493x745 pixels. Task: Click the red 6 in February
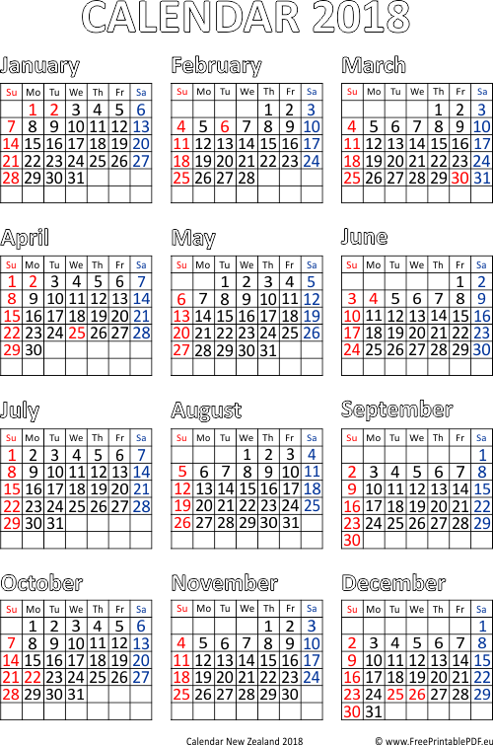pos(225,127)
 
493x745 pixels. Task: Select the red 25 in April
pos(77,334)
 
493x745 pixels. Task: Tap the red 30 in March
pos(459,179)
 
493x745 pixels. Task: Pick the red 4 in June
pos(374,299)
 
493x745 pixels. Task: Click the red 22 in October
pos(33,677)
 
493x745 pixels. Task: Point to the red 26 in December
pos(416,694)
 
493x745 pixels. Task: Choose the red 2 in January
pos(54,110)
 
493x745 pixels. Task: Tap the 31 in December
pos(374,711)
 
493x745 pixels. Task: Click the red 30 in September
pos(351,540)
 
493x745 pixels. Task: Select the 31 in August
pos(290,523)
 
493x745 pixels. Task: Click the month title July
pos(20,411)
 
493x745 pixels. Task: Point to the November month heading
pos(224,583)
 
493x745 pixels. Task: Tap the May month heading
pos(193,238)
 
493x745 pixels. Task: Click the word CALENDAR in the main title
pos(191,17)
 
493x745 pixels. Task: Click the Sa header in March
pos(481,92)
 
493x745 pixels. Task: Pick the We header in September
pos(416,437)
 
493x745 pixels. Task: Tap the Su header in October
pos(12,610)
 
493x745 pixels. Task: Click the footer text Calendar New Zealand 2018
pos(245,740)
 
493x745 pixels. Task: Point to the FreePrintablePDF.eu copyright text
pos(434,740)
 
